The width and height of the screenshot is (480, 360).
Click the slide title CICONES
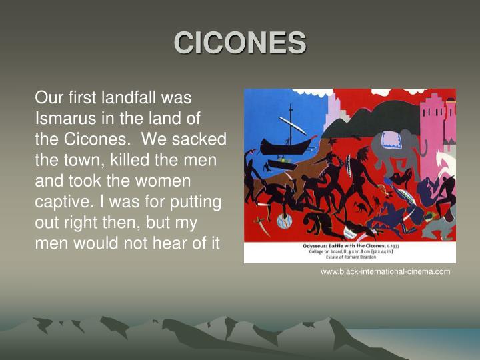[x=240, y=43]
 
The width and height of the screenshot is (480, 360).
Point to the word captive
[x=61, y=201]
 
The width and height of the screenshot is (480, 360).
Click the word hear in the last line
[x=175, y=243]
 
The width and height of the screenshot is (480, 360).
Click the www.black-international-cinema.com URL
[x=385, y=271]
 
